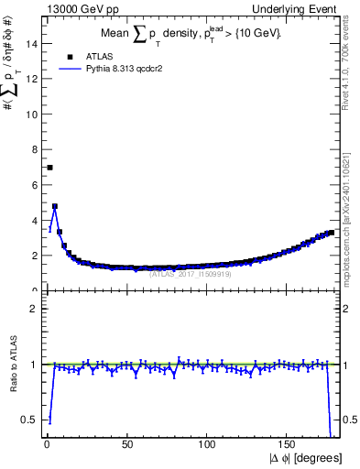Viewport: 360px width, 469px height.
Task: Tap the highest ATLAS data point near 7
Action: tap(49, 167)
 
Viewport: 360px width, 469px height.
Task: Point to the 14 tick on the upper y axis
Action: tap(34, 43)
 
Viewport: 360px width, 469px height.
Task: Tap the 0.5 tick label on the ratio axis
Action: tap(30, 420)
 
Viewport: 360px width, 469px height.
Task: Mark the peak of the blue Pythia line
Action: tap(55, 207)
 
